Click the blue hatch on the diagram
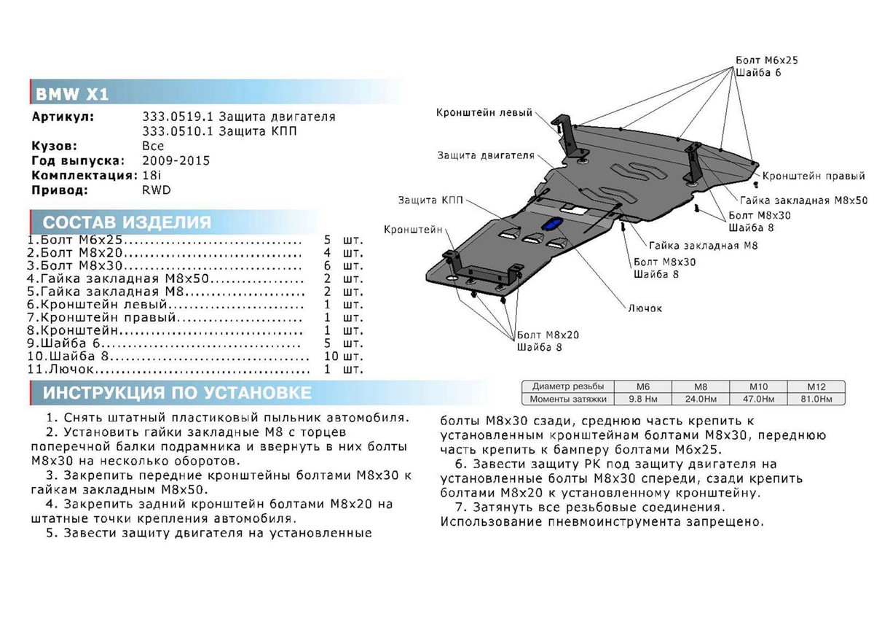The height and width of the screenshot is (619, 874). click(554, 224)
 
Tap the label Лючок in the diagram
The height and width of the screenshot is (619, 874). click(645, 308)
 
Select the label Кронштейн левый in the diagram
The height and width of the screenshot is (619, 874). click(484, 112)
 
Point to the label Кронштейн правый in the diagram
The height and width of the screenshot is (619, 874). click(814, 176)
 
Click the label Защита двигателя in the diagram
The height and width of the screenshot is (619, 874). click(486, 155)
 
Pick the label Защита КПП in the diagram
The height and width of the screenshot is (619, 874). click(430, 199)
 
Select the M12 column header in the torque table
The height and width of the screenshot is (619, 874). click(815, 386)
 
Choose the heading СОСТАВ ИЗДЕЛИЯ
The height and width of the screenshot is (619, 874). click(127, 223)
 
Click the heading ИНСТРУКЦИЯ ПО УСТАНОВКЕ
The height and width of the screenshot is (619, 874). click(177, 394)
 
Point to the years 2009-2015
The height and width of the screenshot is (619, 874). click(176, 160)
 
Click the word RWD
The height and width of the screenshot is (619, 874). click(156, 190)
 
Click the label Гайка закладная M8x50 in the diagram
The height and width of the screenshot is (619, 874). click(803, 200)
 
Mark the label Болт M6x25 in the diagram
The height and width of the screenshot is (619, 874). click(766, 60)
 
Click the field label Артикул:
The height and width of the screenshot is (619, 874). click(63, 117)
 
